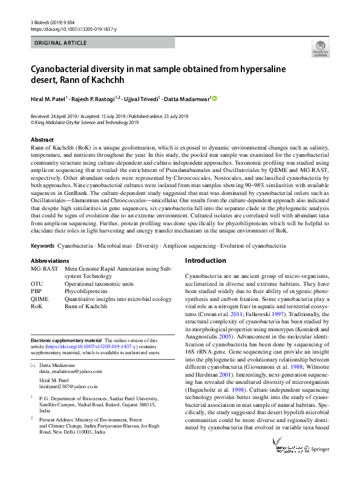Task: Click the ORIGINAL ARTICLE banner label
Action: tap(60, 43)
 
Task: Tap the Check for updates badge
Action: tap(320, 49)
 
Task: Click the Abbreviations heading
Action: tap(50, 260)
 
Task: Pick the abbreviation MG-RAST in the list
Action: tap(44, 268)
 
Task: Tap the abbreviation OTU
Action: tap(38, 283)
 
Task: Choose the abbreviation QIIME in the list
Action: tap(40, 299)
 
